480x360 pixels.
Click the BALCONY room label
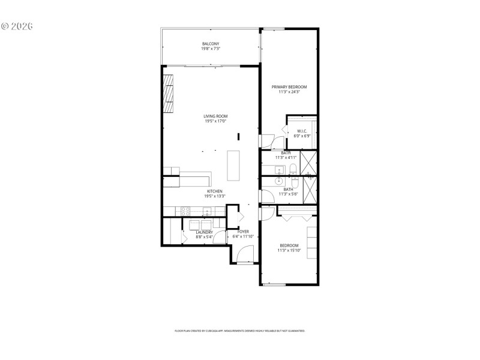210,44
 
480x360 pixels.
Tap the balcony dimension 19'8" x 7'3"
210,49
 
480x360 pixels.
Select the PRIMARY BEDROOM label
289,87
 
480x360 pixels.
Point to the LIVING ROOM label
215,116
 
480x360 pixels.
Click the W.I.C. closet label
301,131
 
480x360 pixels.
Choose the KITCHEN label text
215,191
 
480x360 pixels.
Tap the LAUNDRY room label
205,232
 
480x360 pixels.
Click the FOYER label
243,232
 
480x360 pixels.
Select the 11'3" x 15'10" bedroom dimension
289,250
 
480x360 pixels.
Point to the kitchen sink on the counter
207,211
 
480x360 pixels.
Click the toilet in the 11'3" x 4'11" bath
292,169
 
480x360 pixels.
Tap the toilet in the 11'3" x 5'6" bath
292,178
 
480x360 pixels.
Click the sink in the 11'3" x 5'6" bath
280,181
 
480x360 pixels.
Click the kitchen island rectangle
233,165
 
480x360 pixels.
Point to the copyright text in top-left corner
17,26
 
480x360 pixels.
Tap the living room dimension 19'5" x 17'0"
215,121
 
